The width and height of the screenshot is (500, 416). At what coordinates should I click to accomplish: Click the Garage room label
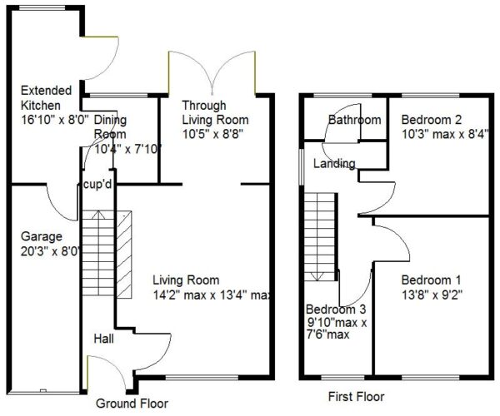[x=42, y=237]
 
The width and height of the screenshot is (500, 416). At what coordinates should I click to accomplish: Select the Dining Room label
[x=110, y=126]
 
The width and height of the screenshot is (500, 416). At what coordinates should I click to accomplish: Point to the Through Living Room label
[x=215, y=112]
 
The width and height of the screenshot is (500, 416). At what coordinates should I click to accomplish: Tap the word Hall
[x=103, y=339]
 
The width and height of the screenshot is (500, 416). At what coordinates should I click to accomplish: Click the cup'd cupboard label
[x=97, y=184]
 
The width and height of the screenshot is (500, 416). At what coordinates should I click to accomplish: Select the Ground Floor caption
[x=132, y=404]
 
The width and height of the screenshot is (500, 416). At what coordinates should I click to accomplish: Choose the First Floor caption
[x=356, y=397]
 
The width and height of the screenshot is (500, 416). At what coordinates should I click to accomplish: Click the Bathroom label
[x=355, y=120]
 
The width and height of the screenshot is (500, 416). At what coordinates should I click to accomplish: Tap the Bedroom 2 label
[x=432, y=120]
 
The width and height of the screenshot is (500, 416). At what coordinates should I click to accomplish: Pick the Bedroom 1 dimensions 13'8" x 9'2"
[x=432, y=295]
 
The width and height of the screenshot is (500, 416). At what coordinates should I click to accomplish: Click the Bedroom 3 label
[x=336, y=309]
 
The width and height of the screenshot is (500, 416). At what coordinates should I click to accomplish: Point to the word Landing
[x=334, y=164]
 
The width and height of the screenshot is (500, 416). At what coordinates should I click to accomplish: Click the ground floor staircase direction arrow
[x=97, y=215]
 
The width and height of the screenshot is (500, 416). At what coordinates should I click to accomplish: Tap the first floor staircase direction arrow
[x=318, y=276]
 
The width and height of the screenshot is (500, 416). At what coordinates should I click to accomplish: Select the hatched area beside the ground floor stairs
[x=124, y=255]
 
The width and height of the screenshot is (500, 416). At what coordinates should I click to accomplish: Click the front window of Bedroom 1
[x=431, y=378]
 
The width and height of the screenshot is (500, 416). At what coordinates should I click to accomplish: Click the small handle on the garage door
[x=43, y=390]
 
